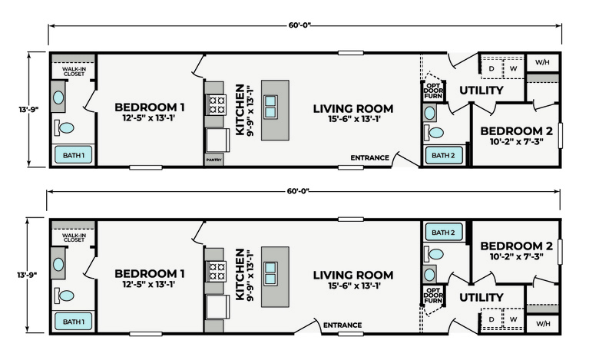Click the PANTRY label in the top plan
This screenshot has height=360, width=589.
[213, 160]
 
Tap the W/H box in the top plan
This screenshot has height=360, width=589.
[542, 62]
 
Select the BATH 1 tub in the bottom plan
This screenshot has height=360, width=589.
[74, 322]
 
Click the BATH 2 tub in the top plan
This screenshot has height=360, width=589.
[443, 155]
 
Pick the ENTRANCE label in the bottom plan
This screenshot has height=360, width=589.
[342, 325]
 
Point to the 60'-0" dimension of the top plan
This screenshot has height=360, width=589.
[299, 25]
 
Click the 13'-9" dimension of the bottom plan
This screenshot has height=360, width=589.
[27, 275]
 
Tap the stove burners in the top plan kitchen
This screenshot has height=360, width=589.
[217, 104]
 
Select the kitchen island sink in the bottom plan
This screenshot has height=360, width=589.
[270, 273]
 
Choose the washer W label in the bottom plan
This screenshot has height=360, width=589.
[513, 319]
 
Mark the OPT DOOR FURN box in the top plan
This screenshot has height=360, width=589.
[433, 91]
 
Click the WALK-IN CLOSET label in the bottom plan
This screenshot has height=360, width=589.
[74, 238]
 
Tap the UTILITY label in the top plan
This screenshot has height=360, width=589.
[481, 91]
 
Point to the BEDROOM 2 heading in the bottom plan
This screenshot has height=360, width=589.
[517, 246]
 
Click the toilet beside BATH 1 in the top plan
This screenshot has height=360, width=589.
[65, 127]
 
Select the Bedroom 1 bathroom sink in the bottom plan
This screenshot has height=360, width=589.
[58, 264]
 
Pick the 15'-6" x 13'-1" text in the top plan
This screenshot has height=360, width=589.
[354, 119]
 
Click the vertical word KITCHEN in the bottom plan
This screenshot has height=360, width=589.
[240, 274]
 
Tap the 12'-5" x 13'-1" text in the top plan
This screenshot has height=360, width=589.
[149, 118]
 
